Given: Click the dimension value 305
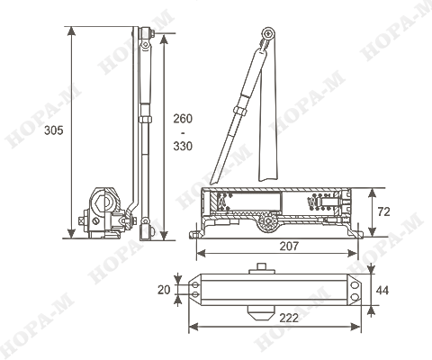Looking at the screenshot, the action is (54, 130).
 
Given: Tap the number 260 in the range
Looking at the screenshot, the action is (183, 119).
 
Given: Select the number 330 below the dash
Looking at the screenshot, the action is (183, 146).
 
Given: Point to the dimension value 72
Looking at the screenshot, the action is (383, 211).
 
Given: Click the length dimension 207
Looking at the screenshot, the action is (289, 247).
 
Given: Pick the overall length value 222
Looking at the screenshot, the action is (289, 318).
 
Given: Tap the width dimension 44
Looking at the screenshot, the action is (382, 290).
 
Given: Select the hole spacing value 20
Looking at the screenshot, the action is (164, 290).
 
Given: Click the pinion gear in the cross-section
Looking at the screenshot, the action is (267, 221).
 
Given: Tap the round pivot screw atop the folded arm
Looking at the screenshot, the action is (268, 33).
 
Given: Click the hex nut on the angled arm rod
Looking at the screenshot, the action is (240, 111).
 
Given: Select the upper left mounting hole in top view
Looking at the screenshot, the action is (195, 284).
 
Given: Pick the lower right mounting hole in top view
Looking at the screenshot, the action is (355, 297).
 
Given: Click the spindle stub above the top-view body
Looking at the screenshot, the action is (262, 267).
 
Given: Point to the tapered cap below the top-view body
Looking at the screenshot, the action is (261, 313).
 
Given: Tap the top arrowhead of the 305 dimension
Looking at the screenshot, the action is (71, 31).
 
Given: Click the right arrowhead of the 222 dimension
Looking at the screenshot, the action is (355, 327).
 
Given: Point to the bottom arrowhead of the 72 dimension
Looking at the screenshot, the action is (372, 231).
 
